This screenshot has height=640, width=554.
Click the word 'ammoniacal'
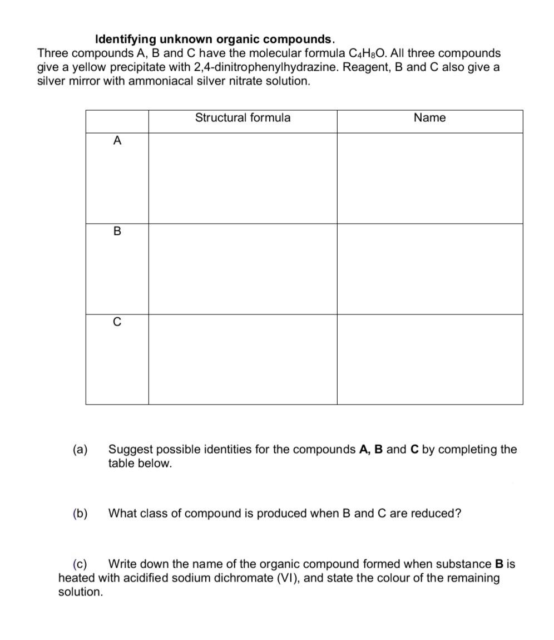(x=136, y=81)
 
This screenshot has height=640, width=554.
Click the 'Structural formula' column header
(x=243, y=118)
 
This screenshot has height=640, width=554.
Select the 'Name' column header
(x=429, y=118)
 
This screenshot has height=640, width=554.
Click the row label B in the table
(x=117, y=232)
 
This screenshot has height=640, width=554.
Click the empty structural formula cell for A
(x=243, y=178)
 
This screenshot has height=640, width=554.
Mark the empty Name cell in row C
(x=429, y=360)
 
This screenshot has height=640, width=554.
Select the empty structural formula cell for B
(x=243, y=269)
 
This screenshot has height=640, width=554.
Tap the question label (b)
(x=80, y=513)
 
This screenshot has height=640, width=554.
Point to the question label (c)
(x=81, y=564)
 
